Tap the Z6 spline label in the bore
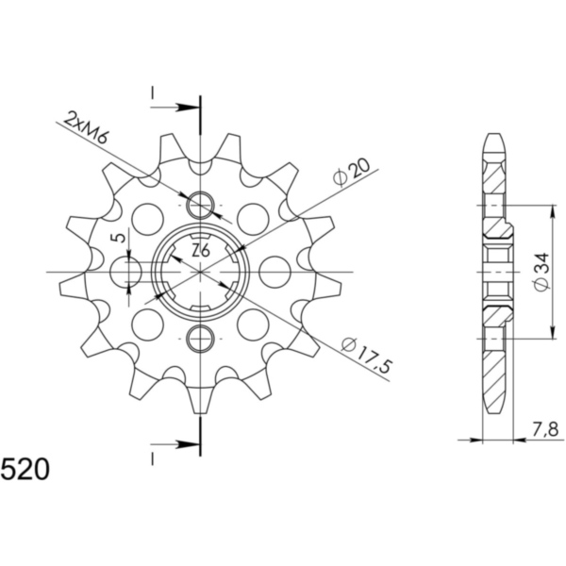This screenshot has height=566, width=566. tap(200, 251)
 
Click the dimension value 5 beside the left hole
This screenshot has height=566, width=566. tap(115, 239)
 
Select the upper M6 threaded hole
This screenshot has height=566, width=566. tap(201, 205)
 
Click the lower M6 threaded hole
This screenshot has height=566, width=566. tap(201, 338)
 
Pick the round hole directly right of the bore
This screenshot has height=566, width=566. tap(275, 272)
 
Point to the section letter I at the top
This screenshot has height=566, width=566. tap(152, 93)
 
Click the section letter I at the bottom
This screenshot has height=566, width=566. tap(152, 457)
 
